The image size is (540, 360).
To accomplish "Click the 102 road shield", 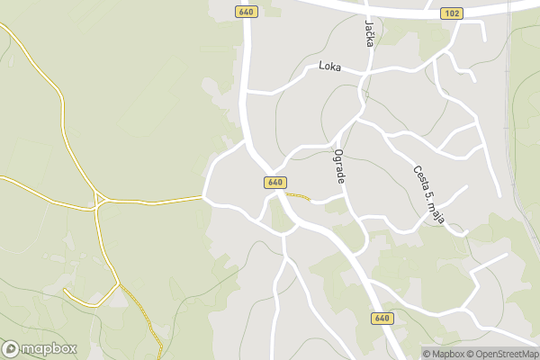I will (x=452, y=13).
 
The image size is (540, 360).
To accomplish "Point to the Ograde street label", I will (x=340, y=166).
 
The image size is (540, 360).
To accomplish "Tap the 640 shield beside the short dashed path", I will (x=275, y=183).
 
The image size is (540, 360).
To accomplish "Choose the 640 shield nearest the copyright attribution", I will (x=382, y=319).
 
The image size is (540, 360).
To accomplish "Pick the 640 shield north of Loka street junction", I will (x=246, y=12).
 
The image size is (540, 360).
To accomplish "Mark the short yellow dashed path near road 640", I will (x=298, y=195).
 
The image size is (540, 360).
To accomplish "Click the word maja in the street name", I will (x=440, y=214).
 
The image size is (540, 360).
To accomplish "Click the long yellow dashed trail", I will (x=144, y=315).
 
